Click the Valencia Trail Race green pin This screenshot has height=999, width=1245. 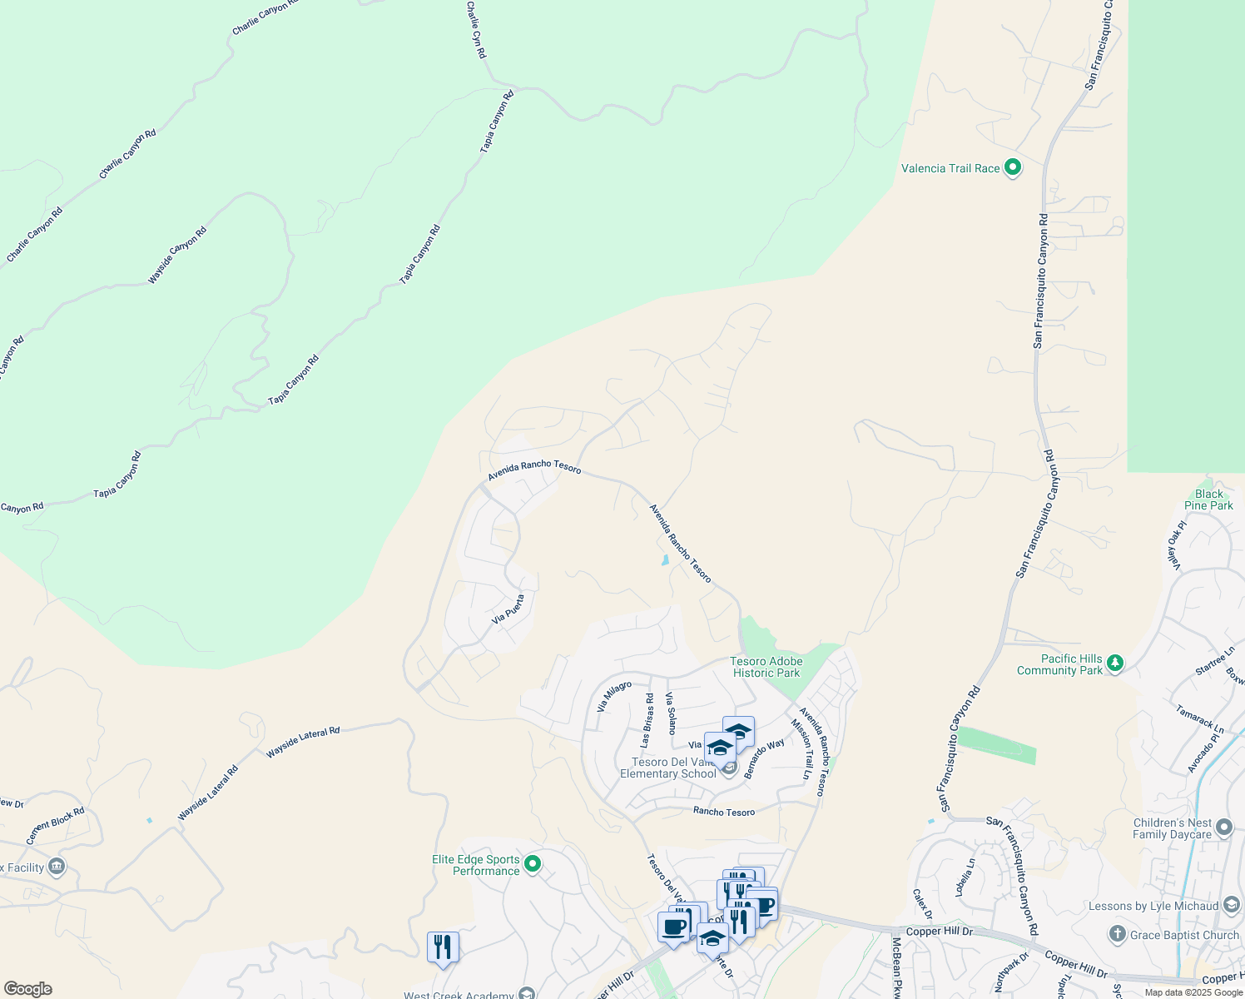[1013, 168]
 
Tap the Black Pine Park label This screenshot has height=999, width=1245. [1208, 499]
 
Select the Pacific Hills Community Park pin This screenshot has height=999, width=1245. [1115, 664]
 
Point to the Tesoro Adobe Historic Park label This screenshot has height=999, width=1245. [766, 667]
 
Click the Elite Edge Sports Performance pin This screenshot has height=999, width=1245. [533, 864]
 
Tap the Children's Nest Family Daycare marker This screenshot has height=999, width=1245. [1223, 828]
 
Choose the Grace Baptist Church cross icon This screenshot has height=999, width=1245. [1118, 934]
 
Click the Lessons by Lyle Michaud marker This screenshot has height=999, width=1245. [1233, 906]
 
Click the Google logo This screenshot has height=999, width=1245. [27, 989]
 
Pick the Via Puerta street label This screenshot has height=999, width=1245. [508, 609]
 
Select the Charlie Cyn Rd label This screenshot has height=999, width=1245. [476, 29]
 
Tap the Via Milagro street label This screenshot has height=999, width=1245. [614, 697]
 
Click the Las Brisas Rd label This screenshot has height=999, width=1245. [647, 720]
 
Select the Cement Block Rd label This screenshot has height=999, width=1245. [56, 826]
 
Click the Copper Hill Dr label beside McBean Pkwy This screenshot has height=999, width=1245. [939, 932]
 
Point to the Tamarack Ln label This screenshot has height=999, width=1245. [1200, 719]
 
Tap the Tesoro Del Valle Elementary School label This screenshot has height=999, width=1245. [667, 768]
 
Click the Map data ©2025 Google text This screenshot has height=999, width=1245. [1192, 992]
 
